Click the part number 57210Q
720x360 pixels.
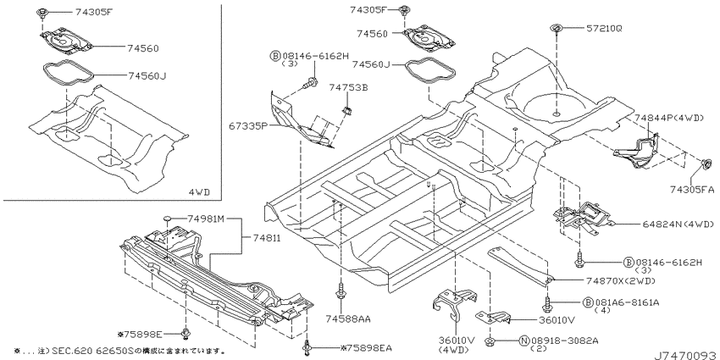pos(603,29)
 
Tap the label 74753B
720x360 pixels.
pos(348,87)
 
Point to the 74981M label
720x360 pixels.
pos(205,219)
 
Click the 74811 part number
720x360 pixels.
pos(266,238)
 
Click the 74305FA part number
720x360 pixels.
pos(692,189)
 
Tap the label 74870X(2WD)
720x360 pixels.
pos(620,281)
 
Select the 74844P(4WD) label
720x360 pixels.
pos(669,118)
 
